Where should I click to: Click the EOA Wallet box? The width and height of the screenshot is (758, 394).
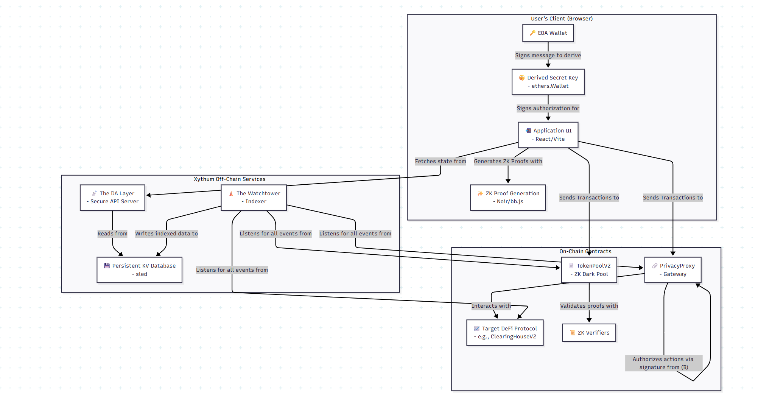(548, 33)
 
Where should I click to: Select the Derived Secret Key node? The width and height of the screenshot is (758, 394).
(548, 82)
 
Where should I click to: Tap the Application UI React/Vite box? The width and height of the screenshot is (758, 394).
(548, 135)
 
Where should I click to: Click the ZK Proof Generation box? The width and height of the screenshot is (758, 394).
(508, 197)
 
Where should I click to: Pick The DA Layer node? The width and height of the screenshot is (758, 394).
(112, 197)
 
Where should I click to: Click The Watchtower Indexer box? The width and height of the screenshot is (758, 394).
(254, 197)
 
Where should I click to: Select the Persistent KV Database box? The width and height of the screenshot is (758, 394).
(139, 270)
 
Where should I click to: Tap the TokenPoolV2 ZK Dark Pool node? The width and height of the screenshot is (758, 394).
(589, 270)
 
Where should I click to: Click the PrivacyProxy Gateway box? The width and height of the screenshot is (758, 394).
(672, 270)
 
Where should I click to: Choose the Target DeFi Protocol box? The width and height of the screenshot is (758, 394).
(505, 332)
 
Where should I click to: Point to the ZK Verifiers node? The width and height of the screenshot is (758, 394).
(589, 333)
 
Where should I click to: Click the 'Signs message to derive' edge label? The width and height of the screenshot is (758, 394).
(548, 55)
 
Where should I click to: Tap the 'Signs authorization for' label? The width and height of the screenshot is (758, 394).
(548, 108)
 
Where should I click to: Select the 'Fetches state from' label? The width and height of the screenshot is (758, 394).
(440, 161)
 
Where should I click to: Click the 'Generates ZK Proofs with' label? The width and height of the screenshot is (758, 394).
(508, 161)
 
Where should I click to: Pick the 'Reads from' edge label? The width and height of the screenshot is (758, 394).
(112, 234)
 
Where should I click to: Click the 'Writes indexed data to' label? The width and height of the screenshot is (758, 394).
(167, 234)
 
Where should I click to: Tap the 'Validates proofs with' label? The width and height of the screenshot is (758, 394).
(589, 306)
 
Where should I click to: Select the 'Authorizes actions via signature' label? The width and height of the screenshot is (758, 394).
(663, 363)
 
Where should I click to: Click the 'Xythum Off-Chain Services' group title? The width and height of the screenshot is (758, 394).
(230, 179)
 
